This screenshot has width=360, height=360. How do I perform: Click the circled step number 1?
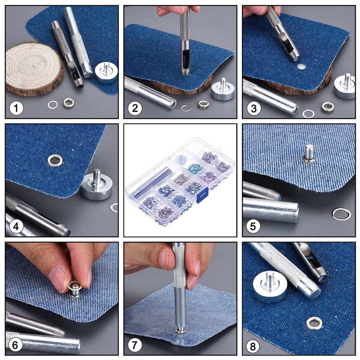click(16, 108)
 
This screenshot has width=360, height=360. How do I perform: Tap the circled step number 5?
click(253, 226)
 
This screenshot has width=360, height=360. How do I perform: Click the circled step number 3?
click(253, 108)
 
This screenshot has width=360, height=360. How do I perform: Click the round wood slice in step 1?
click(33, 69)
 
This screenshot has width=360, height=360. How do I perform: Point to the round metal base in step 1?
click(106, 73)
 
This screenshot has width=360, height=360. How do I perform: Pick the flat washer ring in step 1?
click(53, 104)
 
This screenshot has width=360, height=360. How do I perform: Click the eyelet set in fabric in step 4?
click(55, 160)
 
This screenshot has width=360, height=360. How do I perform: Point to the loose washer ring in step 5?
click(341, 213)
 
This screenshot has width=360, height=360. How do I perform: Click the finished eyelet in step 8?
click(314, 322)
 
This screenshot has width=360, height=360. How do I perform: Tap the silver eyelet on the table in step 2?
click(203, 104)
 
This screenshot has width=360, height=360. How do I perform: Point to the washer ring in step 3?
click(308, 114)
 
